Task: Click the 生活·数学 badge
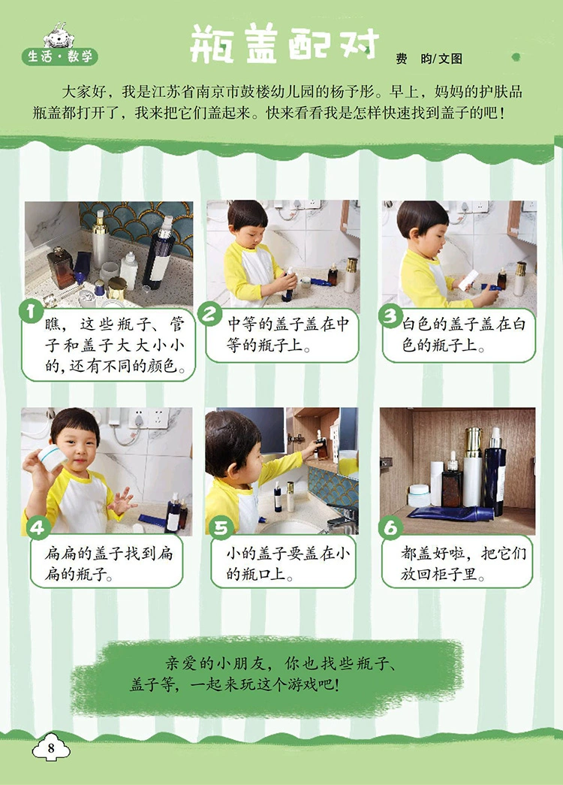[60, 56]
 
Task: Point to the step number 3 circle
[390, 316]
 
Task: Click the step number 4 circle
[39, 527]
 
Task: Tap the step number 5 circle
[221, 527]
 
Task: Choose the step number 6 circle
[390, 527]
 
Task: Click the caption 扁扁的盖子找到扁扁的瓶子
[109, 563]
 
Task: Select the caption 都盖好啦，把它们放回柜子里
[463, 563]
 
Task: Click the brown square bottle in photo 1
[61, 267]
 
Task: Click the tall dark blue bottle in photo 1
[159, 253]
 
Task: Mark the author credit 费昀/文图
[429, 59]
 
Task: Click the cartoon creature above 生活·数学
[59, 36]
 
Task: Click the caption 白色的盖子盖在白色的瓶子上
[463, 334]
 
